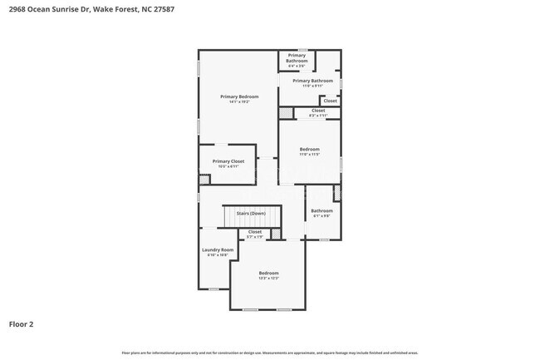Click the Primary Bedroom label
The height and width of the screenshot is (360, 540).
[x=234, y=96]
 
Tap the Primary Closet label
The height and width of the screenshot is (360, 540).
[x=227, y=161]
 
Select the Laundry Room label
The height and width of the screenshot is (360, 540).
[x=218, y=249]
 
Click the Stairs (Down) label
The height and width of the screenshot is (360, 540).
[x=251, y=213]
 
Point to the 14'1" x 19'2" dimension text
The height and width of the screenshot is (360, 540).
[x=234, y=102]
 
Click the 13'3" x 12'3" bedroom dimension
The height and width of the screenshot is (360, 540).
[x=268, y=279]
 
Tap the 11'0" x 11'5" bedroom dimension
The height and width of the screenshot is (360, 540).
[x=309, y=155]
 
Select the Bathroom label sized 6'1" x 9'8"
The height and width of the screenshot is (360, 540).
[x=322, y=210]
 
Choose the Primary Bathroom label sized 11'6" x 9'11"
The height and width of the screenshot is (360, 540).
[x=312, y=81]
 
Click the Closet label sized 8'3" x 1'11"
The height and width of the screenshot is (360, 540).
[x=318, y=111]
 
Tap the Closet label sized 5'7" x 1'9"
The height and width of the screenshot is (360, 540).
[x=254, y=232]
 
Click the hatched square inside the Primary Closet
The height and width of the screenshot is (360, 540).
[x=204, y=179]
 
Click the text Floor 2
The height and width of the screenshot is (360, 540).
[x=21, y=323]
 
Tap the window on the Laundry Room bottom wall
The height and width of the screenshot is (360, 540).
[x=214, y=288]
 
